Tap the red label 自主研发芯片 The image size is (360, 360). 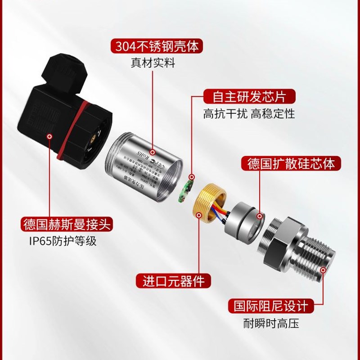[x=250, y=96]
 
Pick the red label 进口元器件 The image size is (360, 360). [x=174, y=281]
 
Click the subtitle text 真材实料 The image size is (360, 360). [x=153, y=63]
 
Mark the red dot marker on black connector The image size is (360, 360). [x=49, y=135]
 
